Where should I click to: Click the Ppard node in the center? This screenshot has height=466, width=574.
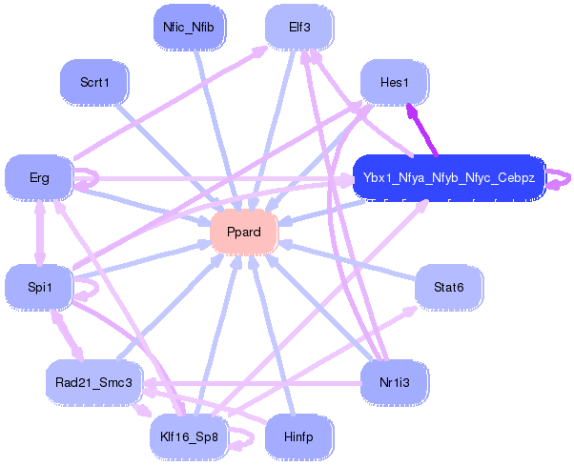tap(244, 232)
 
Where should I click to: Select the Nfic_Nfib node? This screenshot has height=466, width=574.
tap(189, 27)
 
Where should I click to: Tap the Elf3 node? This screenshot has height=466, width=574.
tap(299, 27)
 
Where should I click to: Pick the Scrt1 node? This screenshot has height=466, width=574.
tap(94, 82)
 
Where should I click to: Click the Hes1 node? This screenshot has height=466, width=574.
tap(395, 82)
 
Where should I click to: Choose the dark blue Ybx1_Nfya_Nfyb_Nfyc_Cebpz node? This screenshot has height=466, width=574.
tap(449, 178)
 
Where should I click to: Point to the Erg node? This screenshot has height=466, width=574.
tap(39, 178)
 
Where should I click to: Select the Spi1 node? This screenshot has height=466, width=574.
tap(39, 287)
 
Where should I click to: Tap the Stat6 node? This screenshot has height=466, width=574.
tap(449, 287)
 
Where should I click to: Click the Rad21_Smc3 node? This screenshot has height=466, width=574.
tap(93, 382)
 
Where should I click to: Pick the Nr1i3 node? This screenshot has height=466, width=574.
tap(395, 382)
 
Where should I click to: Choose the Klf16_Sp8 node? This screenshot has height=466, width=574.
tap(189, 437)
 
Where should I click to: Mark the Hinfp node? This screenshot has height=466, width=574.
tap(299, 437)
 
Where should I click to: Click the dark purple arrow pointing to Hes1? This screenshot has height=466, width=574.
tap(421, 130)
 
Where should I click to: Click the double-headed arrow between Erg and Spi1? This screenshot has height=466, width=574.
tap(39, 233)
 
